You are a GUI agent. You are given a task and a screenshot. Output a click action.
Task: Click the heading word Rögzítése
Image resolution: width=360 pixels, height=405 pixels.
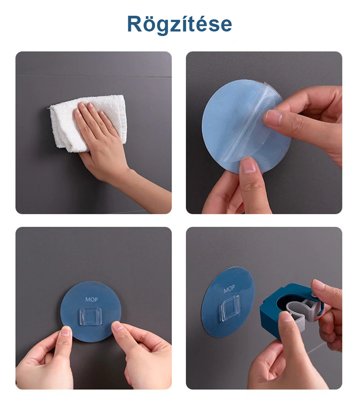click(180, 24)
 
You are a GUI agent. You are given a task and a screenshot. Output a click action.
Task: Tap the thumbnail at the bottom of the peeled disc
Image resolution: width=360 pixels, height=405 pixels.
click(247, 165)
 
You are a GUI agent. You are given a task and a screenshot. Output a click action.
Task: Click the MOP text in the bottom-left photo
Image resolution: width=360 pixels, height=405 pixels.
click(91, 299)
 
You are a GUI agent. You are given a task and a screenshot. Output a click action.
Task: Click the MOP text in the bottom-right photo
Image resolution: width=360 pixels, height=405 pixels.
click(229, 289)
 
